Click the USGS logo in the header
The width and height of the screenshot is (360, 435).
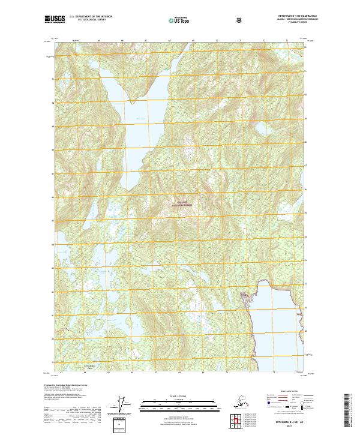[55, 20]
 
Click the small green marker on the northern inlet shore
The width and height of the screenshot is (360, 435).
[167, 70]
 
